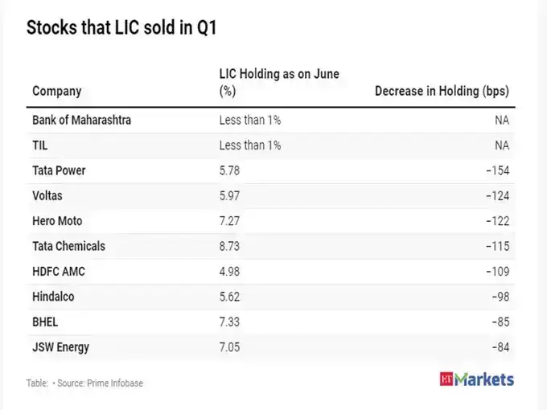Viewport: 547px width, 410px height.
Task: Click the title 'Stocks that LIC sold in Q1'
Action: pos(121,27)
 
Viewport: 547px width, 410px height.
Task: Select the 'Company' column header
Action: pos(56,91)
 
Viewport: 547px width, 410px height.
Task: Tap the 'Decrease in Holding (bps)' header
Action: pos(442,91)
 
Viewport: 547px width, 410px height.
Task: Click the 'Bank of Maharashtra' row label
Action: pos(81,121)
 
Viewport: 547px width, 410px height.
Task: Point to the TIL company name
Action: pos(39,146)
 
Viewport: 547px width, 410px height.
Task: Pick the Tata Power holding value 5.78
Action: pos(229,170)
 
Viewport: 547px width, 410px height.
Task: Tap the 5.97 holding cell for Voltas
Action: pos(229,195)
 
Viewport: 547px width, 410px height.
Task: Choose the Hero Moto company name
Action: pos(57,221)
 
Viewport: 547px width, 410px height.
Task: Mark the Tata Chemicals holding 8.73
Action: pos(229,246)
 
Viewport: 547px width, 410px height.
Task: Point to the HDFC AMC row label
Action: pos(58,271)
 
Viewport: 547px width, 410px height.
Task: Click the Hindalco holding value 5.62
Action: pos(229,297)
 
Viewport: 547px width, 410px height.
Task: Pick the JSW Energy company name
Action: pos(60,346)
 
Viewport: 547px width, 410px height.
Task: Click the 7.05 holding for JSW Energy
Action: pos(229,346)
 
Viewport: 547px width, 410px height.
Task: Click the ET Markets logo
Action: pos(477,379)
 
